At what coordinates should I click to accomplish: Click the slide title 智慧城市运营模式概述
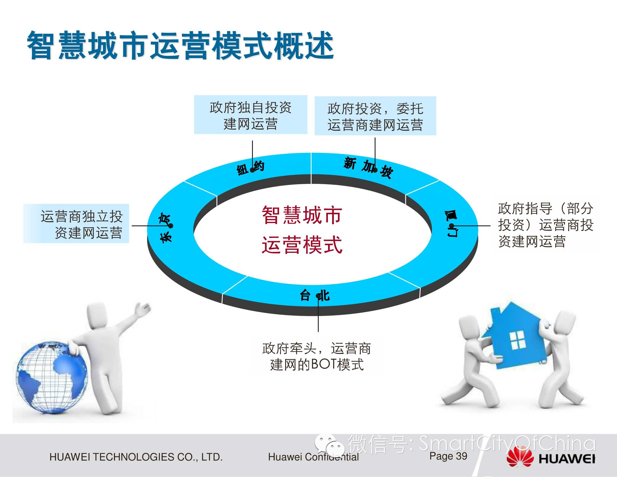tap(180, 46)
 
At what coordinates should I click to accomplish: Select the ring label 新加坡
tap(368, 167)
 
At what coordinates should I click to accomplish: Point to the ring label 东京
tap(166, 228)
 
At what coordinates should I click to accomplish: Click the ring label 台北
tap(315, 295)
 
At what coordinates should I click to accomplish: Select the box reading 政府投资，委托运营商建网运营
tap(375, 116)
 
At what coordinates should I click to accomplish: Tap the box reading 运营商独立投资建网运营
tap(76, 223)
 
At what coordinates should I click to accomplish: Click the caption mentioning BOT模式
tap(317, 357)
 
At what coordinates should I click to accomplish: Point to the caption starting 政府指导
tap(545, 225)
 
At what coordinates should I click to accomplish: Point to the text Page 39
tap(448, 456)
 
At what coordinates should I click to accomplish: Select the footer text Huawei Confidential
tap(313, 457)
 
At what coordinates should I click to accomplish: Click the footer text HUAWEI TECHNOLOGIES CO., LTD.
tap(136, 457)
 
